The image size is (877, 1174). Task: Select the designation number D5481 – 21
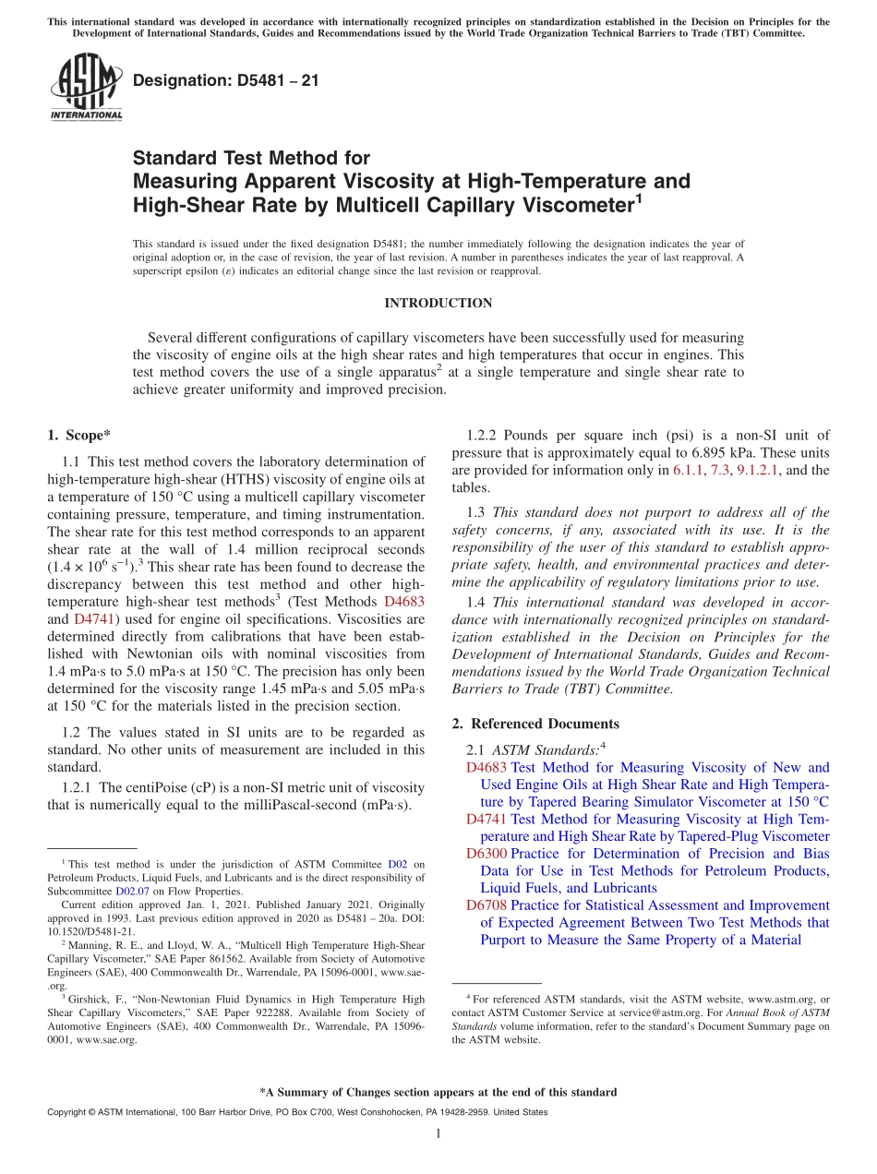(x=225, y=80)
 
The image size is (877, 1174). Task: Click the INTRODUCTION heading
(x=438, y=303)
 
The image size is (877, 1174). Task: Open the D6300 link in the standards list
(x=487, y=854)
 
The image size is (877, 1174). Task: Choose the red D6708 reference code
(x=487, y=905)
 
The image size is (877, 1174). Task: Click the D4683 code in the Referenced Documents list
(x=487, y=767)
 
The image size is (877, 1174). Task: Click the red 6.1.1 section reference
(x=688, y=470)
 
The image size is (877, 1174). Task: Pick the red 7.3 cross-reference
(x=719, y=470)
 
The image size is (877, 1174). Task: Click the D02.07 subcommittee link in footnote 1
(x=132, y=892)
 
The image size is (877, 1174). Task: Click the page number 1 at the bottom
(x=438, y=1134)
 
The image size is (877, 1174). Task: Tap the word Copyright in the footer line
(x=68, y=1112)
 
